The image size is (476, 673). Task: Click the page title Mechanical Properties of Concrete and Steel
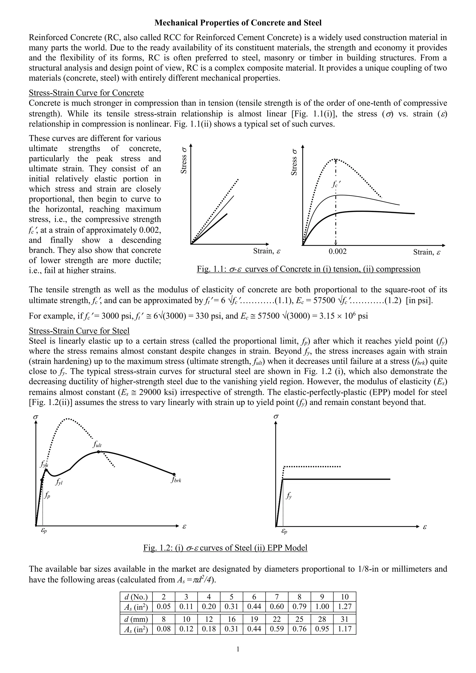point(238,23)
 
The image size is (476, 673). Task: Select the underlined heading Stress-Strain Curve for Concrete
point(86,93)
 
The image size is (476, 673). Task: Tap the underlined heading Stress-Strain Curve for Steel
point(79,331)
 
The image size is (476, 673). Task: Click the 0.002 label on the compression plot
point(337,252)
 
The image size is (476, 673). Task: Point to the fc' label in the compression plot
point(336,184)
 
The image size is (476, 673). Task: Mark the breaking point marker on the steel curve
point(174,474)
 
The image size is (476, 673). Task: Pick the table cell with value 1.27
point(344,607)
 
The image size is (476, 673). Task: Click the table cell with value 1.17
point(344,629)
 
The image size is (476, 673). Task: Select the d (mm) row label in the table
point(136,619)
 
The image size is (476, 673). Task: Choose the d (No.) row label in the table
point(136,597)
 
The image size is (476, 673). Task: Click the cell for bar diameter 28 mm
point(322,619)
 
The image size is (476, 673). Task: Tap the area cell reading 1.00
point(322,607)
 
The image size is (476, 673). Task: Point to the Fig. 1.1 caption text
point(308,269)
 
